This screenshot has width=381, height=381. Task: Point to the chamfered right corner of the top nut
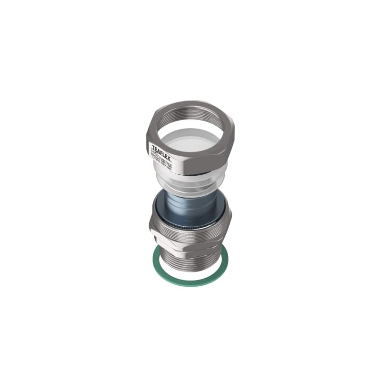tap(232, 138)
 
